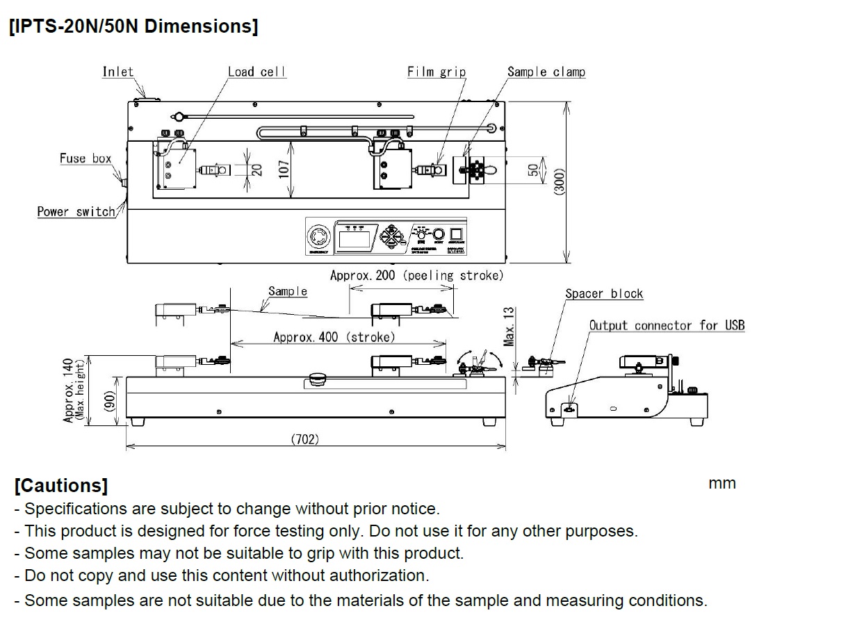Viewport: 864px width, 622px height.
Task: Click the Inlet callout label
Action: coord(117,72)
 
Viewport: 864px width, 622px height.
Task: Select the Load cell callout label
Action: coord(256,72)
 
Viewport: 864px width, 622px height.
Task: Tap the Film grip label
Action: coord(437,72)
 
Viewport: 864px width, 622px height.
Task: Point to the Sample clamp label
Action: coord(546,72)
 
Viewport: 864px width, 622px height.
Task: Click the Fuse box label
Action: coord(85,158)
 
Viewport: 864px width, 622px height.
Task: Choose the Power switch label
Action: coord(76,211)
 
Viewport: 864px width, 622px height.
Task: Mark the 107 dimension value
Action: coord(284,167)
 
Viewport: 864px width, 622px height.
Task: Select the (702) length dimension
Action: coord(304,439)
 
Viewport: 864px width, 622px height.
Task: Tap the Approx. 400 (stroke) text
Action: coord(334,337)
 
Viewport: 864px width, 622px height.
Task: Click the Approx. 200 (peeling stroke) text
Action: coord(416,275)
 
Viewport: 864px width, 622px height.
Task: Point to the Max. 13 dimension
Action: coord(510,327)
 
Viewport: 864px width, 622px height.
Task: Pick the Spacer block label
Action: coord(603,294)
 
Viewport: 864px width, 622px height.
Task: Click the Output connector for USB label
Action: coord(666,325)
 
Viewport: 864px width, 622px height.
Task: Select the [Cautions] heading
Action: coord(60,485)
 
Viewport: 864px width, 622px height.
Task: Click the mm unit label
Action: coord(722,484)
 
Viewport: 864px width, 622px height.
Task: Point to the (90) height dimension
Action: coord(109,400)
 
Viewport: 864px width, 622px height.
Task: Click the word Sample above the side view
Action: coord(288,291)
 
